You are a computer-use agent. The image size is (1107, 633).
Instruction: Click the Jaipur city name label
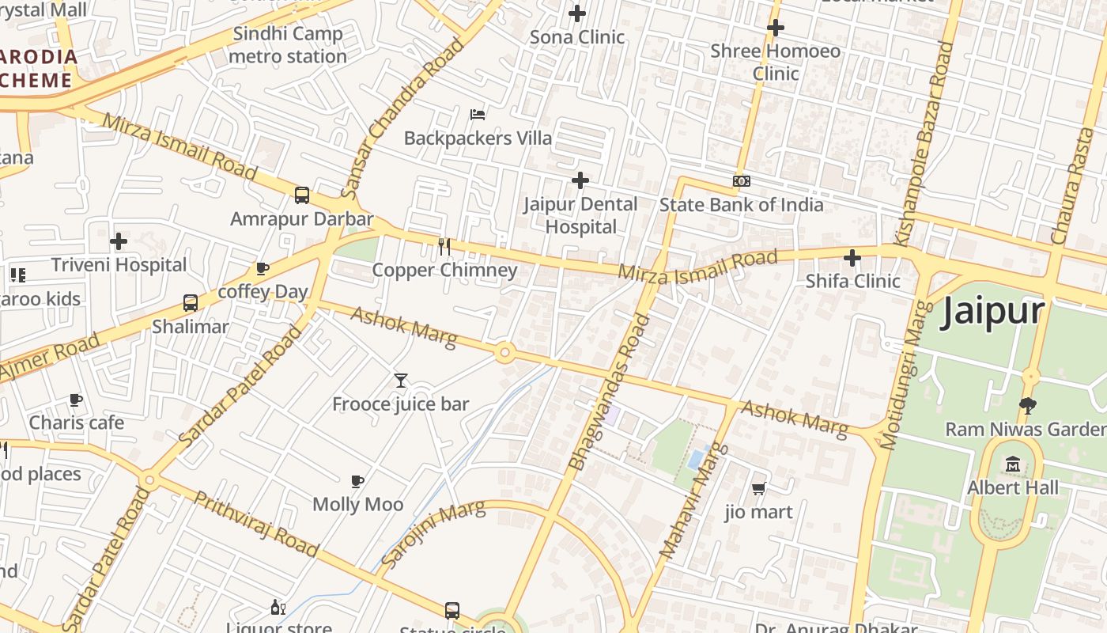tap(992, 312)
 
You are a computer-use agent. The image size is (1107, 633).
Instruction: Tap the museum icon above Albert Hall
tap(1013, 464)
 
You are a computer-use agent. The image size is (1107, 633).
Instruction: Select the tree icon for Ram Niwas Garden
tap(1028, 406)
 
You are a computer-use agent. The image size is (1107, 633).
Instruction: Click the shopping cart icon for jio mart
tap(758, 488)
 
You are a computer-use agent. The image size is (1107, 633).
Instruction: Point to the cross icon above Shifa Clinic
tap(852, 258)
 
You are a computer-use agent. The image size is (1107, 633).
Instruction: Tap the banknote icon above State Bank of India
tap(741, 181)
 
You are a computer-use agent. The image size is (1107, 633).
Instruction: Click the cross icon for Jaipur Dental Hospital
tap(580, 180)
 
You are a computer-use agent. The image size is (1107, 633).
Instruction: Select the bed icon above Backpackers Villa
tap(478, 115)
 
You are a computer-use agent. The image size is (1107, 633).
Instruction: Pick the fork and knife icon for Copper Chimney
tap(444, 247)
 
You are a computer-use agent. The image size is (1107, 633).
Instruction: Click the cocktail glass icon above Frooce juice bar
tap(401, 381)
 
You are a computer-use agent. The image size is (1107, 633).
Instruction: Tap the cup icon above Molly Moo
tap(357, 481)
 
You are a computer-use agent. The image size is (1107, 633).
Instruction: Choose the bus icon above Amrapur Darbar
tap(301, 195)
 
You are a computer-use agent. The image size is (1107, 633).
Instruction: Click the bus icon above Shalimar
tap(190, 303)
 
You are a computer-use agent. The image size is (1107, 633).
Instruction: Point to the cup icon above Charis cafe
tap(76, 400)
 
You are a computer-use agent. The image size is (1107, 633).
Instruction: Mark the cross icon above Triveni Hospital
tap(119, 241)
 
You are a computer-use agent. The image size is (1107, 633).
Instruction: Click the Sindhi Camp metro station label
tap(287, 45)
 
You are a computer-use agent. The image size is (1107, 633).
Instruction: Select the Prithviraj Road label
tap(256, 525)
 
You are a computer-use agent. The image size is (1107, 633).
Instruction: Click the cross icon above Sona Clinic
tap(577, 13)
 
